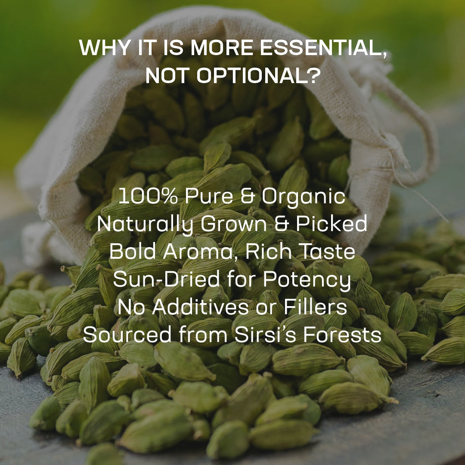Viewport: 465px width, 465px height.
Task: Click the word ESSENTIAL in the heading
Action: (x=323, y=48)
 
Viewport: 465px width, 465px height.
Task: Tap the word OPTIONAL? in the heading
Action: (x=258, y=76)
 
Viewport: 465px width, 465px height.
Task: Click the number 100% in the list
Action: (x=148, y=196)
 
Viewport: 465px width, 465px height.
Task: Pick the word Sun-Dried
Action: (x=166, y=279)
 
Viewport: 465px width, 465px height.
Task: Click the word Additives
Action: (x=201, y=307)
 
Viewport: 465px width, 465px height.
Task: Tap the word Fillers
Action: (x=315, y=307)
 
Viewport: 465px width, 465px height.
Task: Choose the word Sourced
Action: (x=127, y=335)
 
